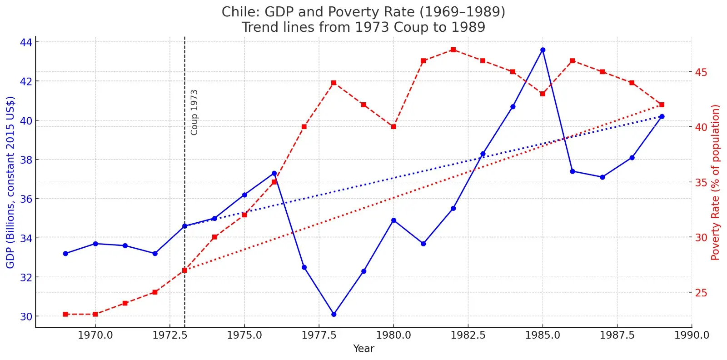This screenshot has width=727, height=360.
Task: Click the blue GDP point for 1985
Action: pyautogui.click(x=543, y=50)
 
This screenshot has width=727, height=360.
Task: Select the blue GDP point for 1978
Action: pyautogui.click(x=334, y=314)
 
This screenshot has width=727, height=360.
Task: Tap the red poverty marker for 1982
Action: pyautogui.click(x=453, y=50)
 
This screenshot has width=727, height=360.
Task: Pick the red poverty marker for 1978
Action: pyautogui.click(x=334, y=83)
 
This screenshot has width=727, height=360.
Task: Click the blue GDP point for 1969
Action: pyautogui.click(x=65, y=254)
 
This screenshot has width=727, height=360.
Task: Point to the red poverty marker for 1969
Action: pyautogui.click(x=65, y=314)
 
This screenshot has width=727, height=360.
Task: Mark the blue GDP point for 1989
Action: pyautogui.click(x=662, y=116)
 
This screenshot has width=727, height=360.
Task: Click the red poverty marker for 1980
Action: pyautogui.click(x=393, y=127)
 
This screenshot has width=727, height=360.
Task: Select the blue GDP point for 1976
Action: pyautogui.click(x=274, y=173)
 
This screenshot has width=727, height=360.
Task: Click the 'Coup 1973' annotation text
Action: pyautogui.click(x=194, y=112)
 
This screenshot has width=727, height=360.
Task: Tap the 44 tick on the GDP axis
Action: pyautogui.click(x=26, y=42)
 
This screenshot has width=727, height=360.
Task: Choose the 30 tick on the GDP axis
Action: pyautogui.click(x=26, y=316)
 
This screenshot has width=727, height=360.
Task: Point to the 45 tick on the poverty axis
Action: pyautogui.click(x=701, y=72)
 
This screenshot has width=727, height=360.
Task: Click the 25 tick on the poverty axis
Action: pyautogui.click(x=701, y=293)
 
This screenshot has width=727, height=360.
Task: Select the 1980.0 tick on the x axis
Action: pyautogui.click(x=393, y=335)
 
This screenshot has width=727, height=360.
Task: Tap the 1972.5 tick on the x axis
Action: pyautogui.click(x=170, y=335)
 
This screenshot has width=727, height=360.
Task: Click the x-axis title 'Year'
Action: pyautogui.click(x=363, y=349)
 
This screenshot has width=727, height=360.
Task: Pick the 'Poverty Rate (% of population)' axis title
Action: pyautogui.click(x=716, y=182)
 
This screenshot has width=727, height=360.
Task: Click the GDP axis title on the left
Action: pyautogui.click(x=10, y=182)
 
